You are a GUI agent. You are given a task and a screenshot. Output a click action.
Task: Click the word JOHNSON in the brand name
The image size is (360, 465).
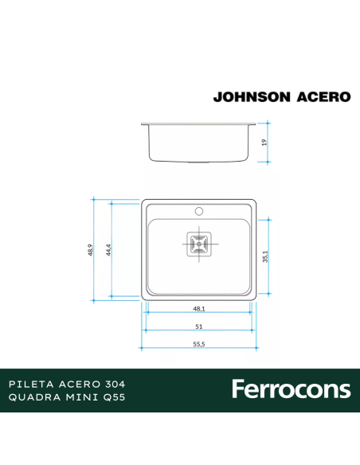(250, 97)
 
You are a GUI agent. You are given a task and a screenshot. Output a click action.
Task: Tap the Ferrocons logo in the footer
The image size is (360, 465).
(291, 389)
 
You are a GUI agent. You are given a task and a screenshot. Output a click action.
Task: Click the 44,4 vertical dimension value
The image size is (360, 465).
(107, 250)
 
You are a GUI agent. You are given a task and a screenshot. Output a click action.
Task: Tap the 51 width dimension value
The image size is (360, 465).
(199, 326)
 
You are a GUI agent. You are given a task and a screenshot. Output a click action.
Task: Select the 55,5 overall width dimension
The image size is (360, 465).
(199, 344)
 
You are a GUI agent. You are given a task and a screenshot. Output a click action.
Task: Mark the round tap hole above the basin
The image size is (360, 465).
(199, 212)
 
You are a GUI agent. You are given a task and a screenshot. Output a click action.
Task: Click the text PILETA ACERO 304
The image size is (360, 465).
(66, 383)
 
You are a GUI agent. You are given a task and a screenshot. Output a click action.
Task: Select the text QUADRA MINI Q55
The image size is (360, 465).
(66, 397)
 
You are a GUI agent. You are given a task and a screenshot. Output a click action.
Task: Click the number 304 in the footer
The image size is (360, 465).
(112, 383)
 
